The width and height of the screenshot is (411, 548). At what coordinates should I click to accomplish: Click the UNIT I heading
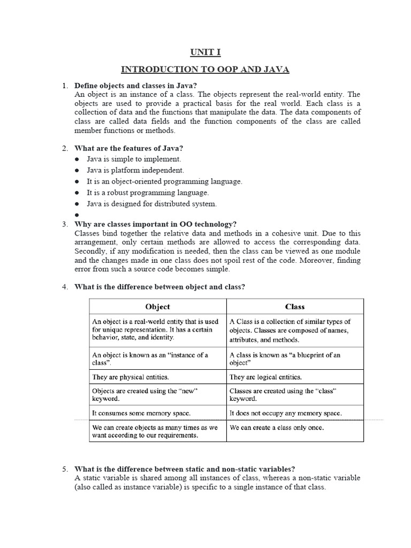[x=205, y=52]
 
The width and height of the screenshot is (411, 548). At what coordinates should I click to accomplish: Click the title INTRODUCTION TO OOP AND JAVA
[x=205, y=70]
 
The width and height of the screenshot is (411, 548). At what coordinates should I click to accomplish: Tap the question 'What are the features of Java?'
[x=132, y=148]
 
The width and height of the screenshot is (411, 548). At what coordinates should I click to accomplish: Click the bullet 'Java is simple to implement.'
[x=134, y=159]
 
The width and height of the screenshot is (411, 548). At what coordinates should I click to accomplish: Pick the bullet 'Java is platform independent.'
[x=136, y=170]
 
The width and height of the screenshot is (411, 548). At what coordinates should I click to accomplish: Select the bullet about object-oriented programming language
[x=165, y=181]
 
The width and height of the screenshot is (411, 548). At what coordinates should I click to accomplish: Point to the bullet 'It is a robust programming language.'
[x=148, y=193]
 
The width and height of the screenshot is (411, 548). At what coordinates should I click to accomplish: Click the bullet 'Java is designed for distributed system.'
[x=153, y=204]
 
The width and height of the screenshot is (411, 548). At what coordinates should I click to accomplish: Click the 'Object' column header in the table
[x=158, y=307]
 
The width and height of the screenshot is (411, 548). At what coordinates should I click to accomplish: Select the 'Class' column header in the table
[x=295, y=307]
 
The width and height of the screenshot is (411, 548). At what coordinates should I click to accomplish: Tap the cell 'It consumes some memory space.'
[x=141, y=413]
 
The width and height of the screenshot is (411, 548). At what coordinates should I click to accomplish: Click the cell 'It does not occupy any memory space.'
[x=285, y=413]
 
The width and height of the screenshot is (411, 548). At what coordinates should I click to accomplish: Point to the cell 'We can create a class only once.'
[x=277, y=428]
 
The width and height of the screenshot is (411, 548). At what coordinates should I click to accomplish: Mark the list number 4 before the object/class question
[x=64, y=287]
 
